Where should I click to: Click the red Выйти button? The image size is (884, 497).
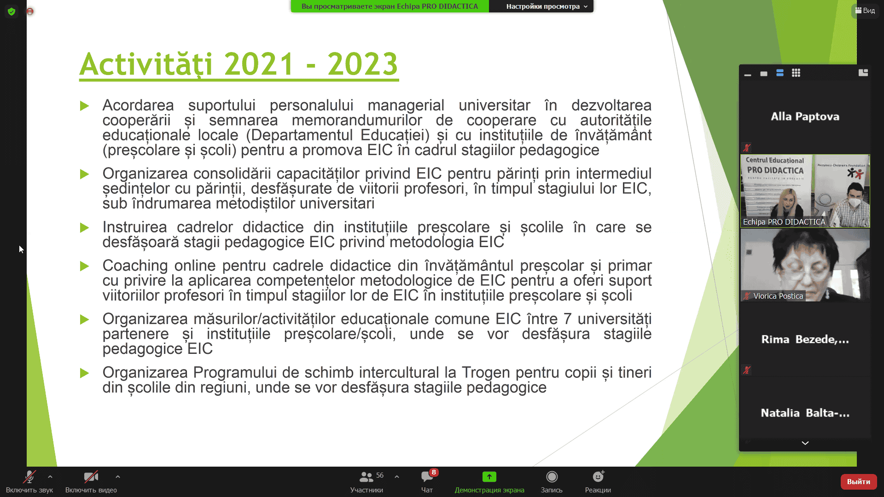coord(858,481)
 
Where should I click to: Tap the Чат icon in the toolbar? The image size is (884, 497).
coord(427,477)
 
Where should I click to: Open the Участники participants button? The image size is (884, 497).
coord(366,477)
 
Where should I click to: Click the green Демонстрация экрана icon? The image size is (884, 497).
coord(489,477)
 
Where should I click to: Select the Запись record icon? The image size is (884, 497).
coord(552,477)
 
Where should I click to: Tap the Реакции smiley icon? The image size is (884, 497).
coord(598,477)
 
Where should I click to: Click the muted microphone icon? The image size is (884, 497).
coord(29,477)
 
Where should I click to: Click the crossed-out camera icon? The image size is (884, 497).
coord(91,477)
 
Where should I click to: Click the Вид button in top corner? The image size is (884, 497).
coord(865,11)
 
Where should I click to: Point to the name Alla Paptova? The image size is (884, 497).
coord(805,116)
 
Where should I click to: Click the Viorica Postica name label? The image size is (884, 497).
coord(778,296)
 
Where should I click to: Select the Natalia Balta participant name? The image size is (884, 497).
coord(805,413)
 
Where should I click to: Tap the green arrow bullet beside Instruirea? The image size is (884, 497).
coord(84,227)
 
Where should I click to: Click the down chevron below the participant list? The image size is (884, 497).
coord(805,443)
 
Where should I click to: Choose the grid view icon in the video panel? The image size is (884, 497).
coord(796,73)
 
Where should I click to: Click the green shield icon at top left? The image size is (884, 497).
coord(12,12)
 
